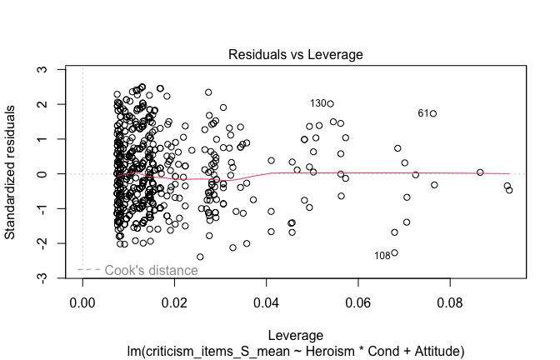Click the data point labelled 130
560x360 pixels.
(330, 104)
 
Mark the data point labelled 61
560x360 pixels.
(433, 113)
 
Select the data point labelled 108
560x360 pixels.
(394, 252)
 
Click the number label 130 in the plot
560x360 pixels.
(317, 104)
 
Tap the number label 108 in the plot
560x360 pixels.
(382, 256)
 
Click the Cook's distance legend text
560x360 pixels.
(151, 270)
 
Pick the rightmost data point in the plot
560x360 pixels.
(509, 190)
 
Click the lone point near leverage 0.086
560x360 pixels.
(480, 172)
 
